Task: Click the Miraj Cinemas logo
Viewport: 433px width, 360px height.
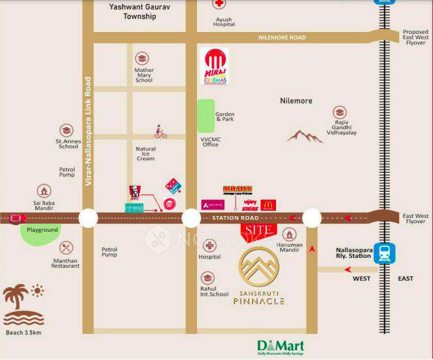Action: (x=215, y=66)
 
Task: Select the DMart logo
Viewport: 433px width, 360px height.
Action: (x=279, y=347)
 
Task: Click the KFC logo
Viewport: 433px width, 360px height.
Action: (x=135, y=192)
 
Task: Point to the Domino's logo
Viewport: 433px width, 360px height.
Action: (x=174, y=186)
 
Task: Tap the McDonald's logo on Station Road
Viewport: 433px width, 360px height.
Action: (x=268, y=205)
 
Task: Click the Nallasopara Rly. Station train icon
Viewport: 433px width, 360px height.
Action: (x=385, y=253)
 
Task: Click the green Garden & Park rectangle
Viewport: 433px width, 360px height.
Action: (x=206, y=116)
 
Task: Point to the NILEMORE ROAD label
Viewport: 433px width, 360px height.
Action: (x=281, y=38)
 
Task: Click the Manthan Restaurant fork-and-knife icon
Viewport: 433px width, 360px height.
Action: (x=66, y=248)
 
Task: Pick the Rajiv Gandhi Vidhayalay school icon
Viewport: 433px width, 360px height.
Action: (x=339, y=113)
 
